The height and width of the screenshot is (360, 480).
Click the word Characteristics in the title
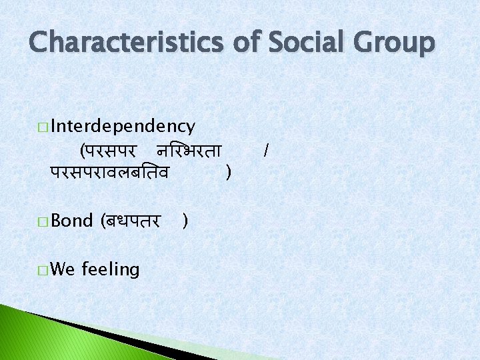127,43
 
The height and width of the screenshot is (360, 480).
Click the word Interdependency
123,126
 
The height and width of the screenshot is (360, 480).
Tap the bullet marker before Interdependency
43,127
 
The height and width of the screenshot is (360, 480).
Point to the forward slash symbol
266,151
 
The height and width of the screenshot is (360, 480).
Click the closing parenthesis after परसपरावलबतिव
229,173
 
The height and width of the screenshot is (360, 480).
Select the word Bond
71,221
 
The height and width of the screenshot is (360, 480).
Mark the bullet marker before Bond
43,221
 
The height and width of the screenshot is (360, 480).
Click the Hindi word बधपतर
131,221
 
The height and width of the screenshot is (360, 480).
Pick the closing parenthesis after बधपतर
185,221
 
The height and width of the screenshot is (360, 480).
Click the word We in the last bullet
63,269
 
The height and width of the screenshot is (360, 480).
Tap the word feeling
111,270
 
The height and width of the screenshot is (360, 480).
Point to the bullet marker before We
43,270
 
